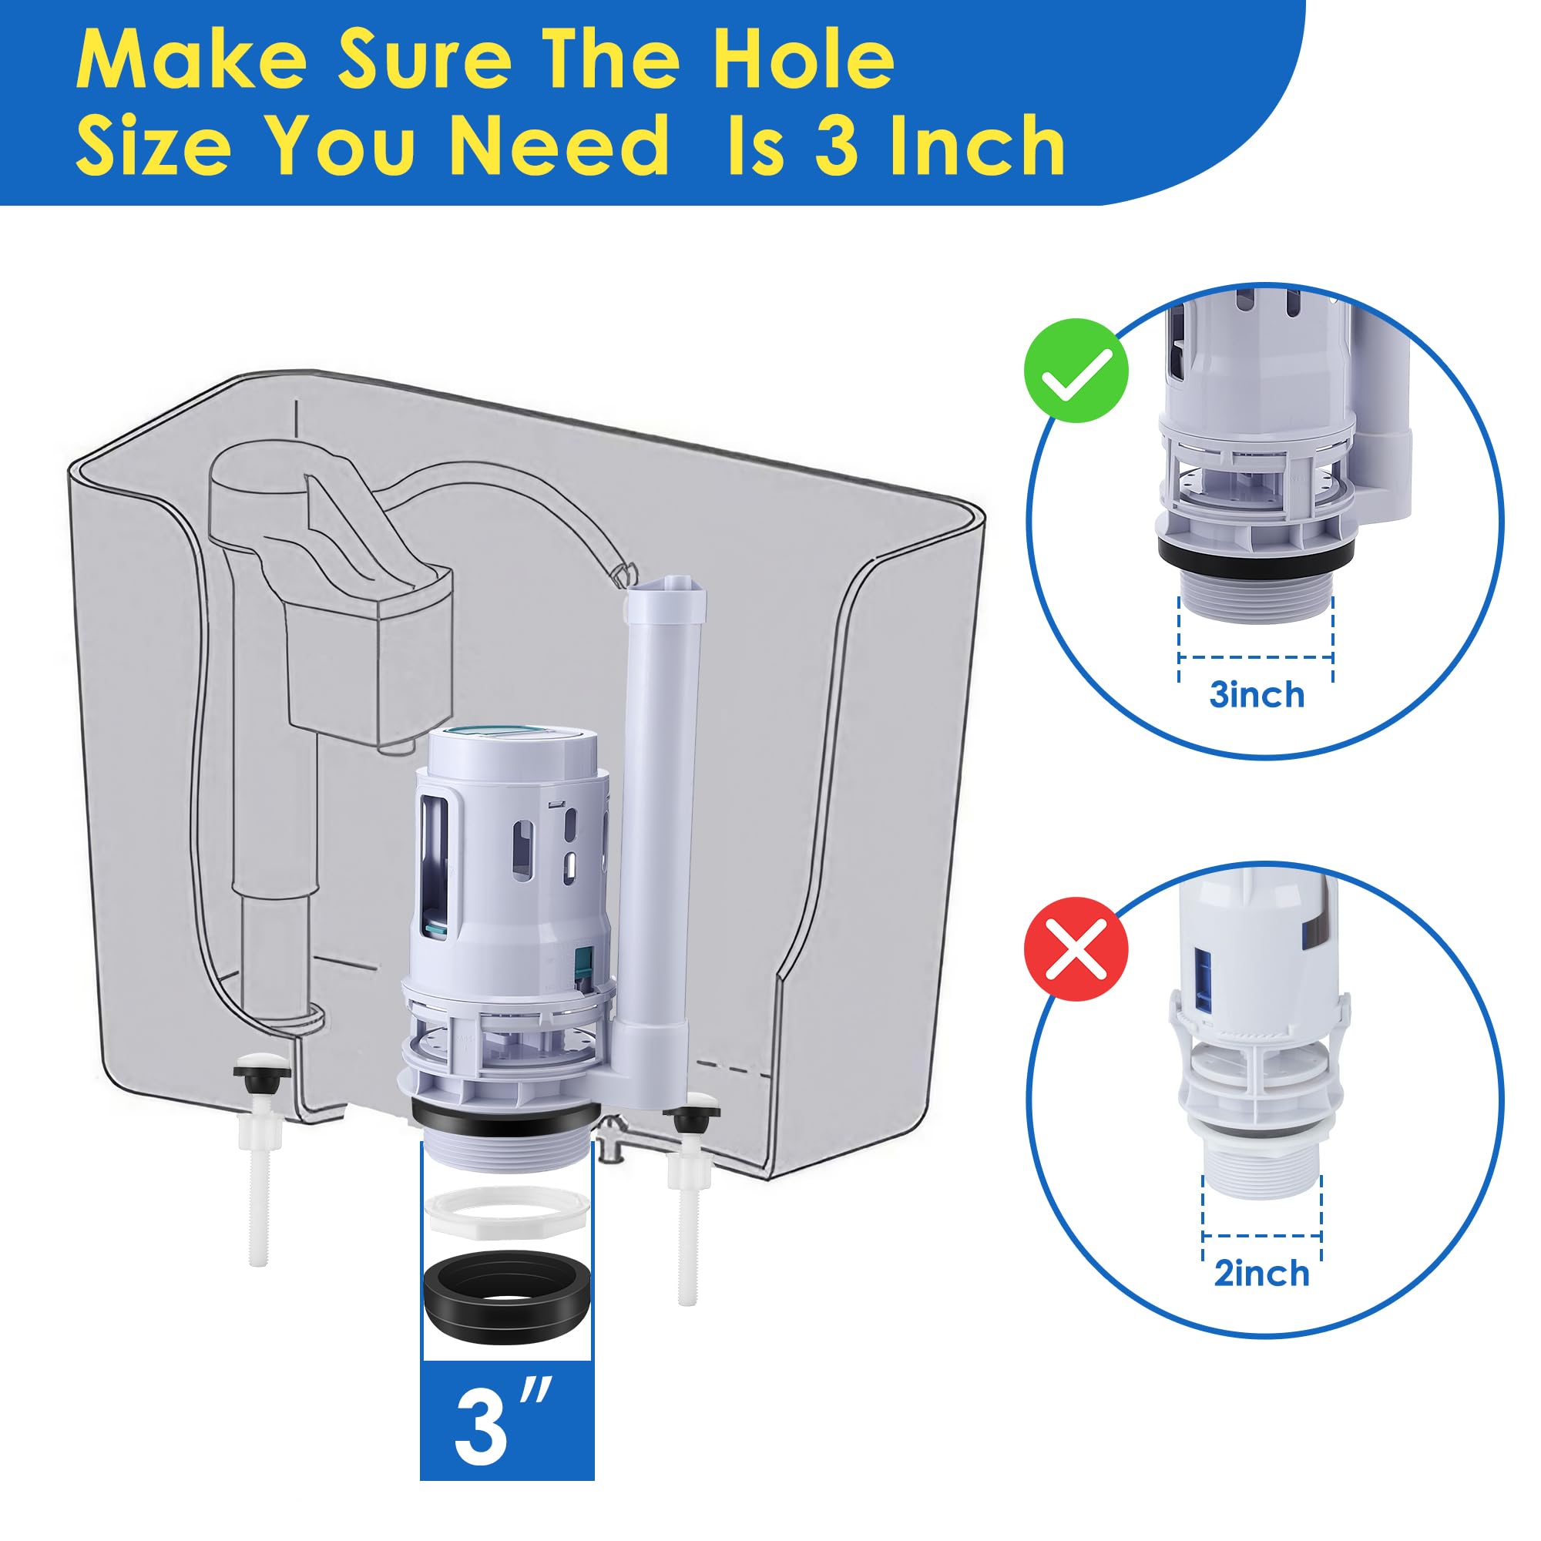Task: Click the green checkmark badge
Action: [1076, 370]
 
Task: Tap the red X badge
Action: [1076, 949]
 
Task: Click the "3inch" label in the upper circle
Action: [1257, 695]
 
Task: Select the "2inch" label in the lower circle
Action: [1262, 1273]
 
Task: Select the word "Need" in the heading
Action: [559, 144]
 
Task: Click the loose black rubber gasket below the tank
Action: [507, 1298]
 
